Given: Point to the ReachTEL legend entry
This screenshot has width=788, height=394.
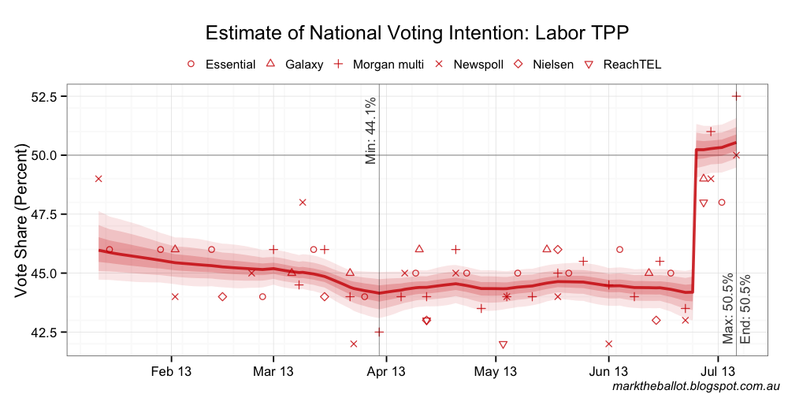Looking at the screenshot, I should coord(623,64).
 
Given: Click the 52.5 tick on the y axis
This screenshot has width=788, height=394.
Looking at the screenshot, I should coord(43,96).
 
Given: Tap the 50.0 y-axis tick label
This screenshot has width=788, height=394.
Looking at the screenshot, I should coord(43,155).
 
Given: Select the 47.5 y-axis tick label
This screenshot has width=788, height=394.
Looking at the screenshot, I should coord(43,214).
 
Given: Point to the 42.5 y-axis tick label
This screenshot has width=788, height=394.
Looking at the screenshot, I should coord(43,332).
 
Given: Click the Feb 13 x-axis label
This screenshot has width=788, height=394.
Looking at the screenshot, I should coord(171,371).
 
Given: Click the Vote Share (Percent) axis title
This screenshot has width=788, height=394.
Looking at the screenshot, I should coord(21,221).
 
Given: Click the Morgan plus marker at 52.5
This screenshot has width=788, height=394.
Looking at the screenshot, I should coord(736,96).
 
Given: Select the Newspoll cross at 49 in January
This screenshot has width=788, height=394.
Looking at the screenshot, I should coord(98,179).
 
